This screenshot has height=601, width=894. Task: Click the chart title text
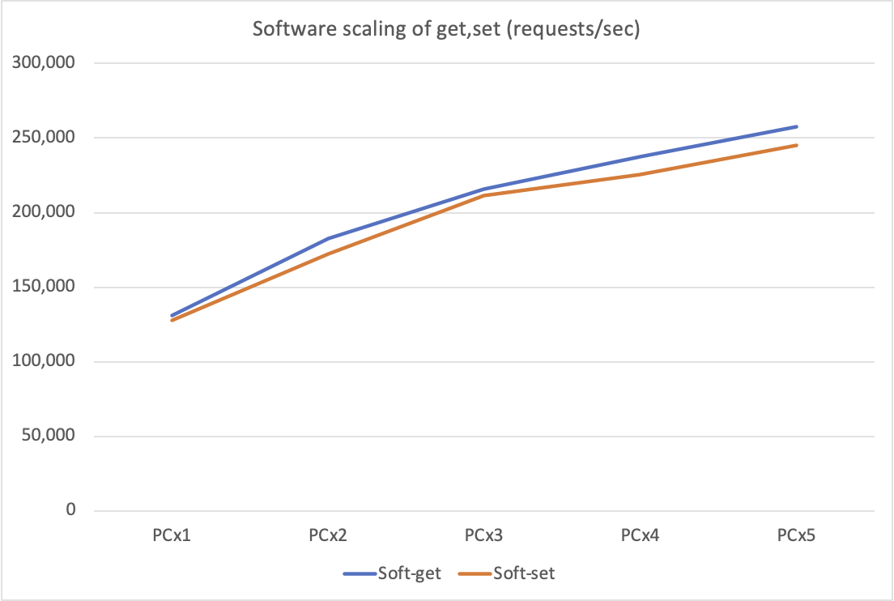click(x=447, y=30)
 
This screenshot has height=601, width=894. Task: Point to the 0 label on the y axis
click(x=70, y=510)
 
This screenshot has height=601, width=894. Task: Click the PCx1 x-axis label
click(x=172, y=535)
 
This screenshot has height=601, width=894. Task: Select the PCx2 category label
click(x=328, y=535)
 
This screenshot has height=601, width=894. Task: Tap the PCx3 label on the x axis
click(x=484, y=535)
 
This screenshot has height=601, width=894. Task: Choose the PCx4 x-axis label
click(x=641, y=535)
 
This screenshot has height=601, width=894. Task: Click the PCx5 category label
click(x=797, y=535)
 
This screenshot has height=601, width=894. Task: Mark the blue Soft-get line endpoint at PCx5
click(x=797, y=126)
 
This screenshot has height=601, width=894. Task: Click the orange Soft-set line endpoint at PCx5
click(x=797, y=145)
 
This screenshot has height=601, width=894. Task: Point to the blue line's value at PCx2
click(x=328, y=238)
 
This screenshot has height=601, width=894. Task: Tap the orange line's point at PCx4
click(x=641, y=174)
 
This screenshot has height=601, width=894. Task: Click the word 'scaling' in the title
click(x=349, y=30)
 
